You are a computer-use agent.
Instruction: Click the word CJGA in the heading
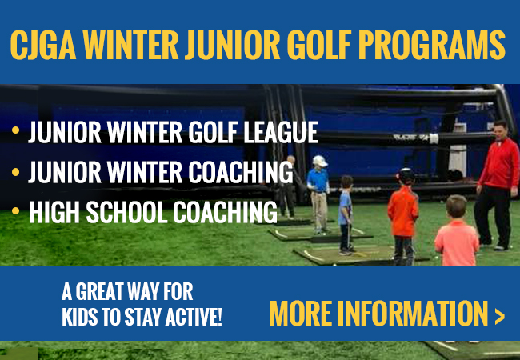(x=43, y=45)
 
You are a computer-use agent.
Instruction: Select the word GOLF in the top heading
(x=319, y=45)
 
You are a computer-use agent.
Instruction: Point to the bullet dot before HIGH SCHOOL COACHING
(x=15, y=210)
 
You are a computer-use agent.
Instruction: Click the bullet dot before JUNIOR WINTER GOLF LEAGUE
(x=15, y=130)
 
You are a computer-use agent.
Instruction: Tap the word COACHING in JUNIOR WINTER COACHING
(x=241, y=172)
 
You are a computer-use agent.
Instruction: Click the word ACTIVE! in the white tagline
(x=194, y=317)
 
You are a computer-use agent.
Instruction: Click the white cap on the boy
(x=320, y=161)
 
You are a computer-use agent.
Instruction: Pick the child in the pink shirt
(x=457, y=231)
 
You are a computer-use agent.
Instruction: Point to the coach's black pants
(x=492, y=215)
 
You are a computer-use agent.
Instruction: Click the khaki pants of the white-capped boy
(x=318, y=210)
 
